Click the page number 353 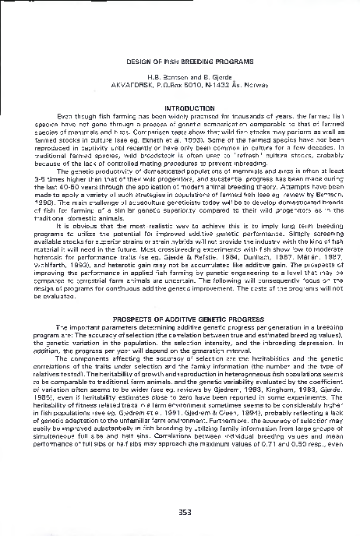coord(180,511)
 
